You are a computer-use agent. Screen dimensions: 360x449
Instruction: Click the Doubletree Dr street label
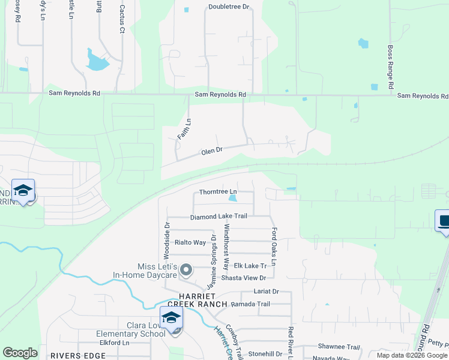pos(228,7)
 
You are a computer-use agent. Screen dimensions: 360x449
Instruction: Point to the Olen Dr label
pos(212,151)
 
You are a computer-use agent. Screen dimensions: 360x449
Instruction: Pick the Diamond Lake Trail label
pos(218,217)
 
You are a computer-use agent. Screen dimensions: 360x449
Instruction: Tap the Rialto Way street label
pos(190,242)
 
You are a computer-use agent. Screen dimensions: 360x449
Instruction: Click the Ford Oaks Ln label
pos(274,246)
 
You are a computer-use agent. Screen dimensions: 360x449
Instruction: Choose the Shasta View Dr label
pos(244,278)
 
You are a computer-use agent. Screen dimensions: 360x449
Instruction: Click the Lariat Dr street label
pos(267,292)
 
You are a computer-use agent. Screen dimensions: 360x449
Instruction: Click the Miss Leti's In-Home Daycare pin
pos(186,270)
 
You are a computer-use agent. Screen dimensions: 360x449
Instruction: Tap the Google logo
pos(20,353)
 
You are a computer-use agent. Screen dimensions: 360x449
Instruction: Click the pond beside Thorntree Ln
pos(233,197)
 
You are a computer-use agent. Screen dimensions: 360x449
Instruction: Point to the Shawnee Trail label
pos(339,347)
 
